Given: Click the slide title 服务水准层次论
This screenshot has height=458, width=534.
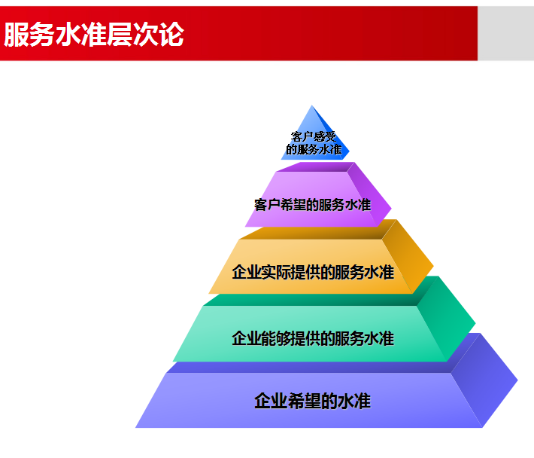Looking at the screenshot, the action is [x=94, y=35].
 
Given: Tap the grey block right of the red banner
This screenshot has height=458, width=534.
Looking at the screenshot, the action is [x=505, y=33].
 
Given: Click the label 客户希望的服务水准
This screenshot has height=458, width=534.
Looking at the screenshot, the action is [x=312, y=205].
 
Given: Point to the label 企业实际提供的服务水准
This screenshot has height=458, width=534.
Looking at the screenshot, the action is [x=313, y=272].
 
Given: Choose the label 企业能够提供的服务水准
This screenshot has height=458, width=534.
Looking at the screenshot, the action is [x=313, y=338].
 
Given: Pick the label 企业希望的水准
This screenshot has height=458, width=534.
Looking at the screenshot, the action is [x=312, y=401].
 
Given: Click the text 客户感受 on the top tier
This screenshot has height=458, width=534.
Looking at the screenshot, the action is [x=314, y=137].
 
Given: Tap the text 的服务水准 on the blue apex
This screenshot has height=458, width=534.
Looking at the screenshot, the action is [x=314, y=149].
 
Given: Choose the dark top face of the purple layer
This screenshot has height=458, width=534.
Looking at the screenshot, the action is [x=316, y=166].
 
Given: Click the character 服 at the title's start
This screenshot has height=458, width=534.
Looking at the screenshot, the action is [x=17, y=35].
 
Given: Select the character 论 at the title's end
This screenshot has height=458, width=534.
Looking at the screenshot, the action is [x=171, y=35].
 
